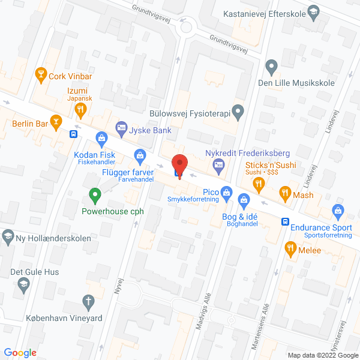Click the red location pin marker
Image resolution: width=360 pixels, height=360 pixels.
(179, 164)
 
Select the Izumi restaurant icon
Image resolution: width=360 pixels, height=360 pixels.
(80, 109)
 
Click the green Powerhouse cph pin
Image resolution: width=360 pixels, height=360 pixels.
(94, 194)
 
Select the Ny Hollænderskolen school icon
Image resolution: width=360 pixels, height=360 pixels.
(8, 235)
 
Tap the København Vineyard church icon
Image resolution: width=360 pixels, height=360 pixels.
(88, 301)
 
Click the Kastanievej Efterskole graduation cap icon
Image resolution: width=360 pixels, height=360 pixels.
(313, 12)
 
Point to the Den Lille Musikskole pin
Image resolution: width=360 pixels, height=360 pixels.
(271, 66)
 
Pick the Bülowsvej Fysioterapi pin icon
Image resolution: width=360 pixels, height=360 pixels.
(238, 110)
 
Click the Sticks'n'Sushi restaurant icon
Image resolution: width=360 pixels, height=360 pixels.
(259, 185)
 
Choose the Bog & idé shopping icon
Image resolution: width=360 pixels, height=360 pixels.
(244, 199)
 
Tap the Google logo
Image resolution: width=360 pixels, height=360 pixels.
(21, 352)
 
